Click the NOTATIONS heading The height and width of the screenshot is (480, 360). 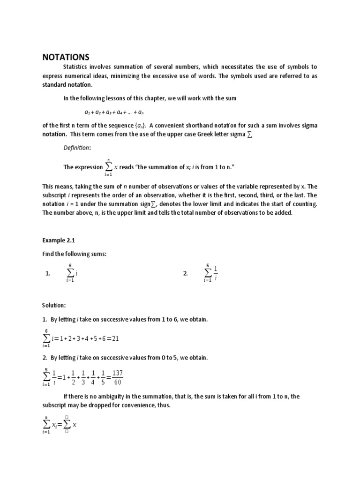[x=65, y=57]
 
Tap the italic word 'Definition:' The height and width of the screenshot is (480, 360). [x=77, y=148]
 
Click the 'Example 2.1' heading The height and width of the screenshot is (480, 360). [x=59, y=240]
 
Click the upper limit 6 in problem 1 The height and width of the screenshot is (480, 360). [x=70, y=266]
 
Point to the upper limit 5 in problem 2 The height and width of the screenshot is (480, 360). [x=208, y=266]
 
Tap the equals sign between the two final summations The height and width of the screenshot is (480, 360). [x=59, y=424]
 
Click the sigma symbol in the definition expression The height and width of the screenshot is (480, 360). [x=109, y=167]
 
